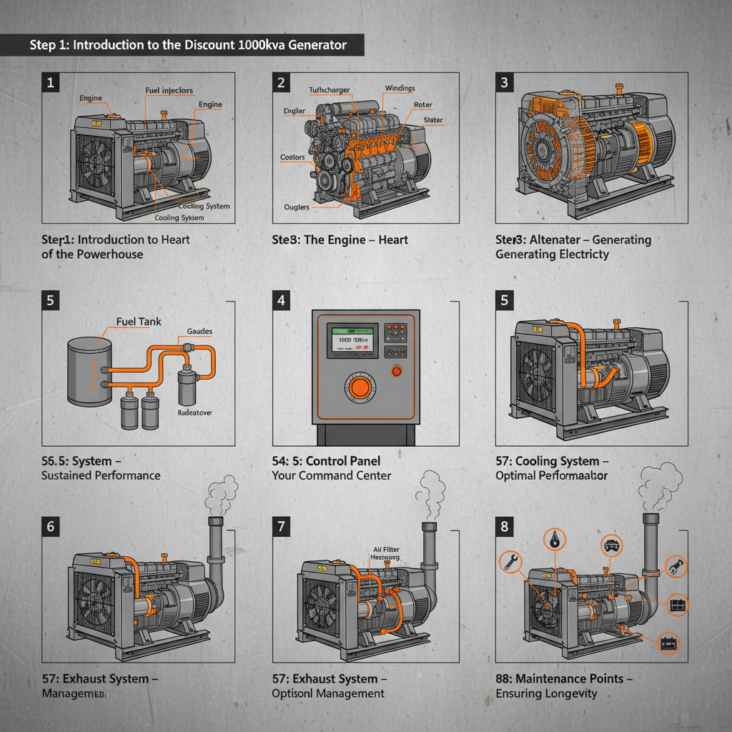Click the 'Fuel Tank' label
pos(139,322)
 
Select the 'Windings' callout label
pos(400,89)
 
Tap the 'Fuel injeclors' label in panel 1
pos(169,91)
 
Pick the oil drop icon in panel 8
pos(555,539)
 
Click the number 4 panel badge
pos(282,300)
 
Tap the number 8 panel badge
pos(505,527)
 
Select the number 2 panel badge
pos(282,83)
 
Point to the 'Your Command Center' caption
pos(332,475)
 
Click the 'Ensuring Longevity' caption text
pos(546,693)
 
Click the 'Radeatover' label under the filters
pos(194,412)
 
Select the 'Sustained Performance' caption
pos(101,475)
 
